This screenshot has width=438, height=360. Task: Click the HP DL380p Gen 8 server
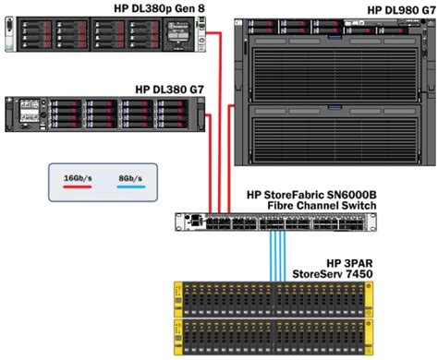102,32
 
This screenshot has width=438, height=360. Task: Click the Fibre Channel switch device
275,222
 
